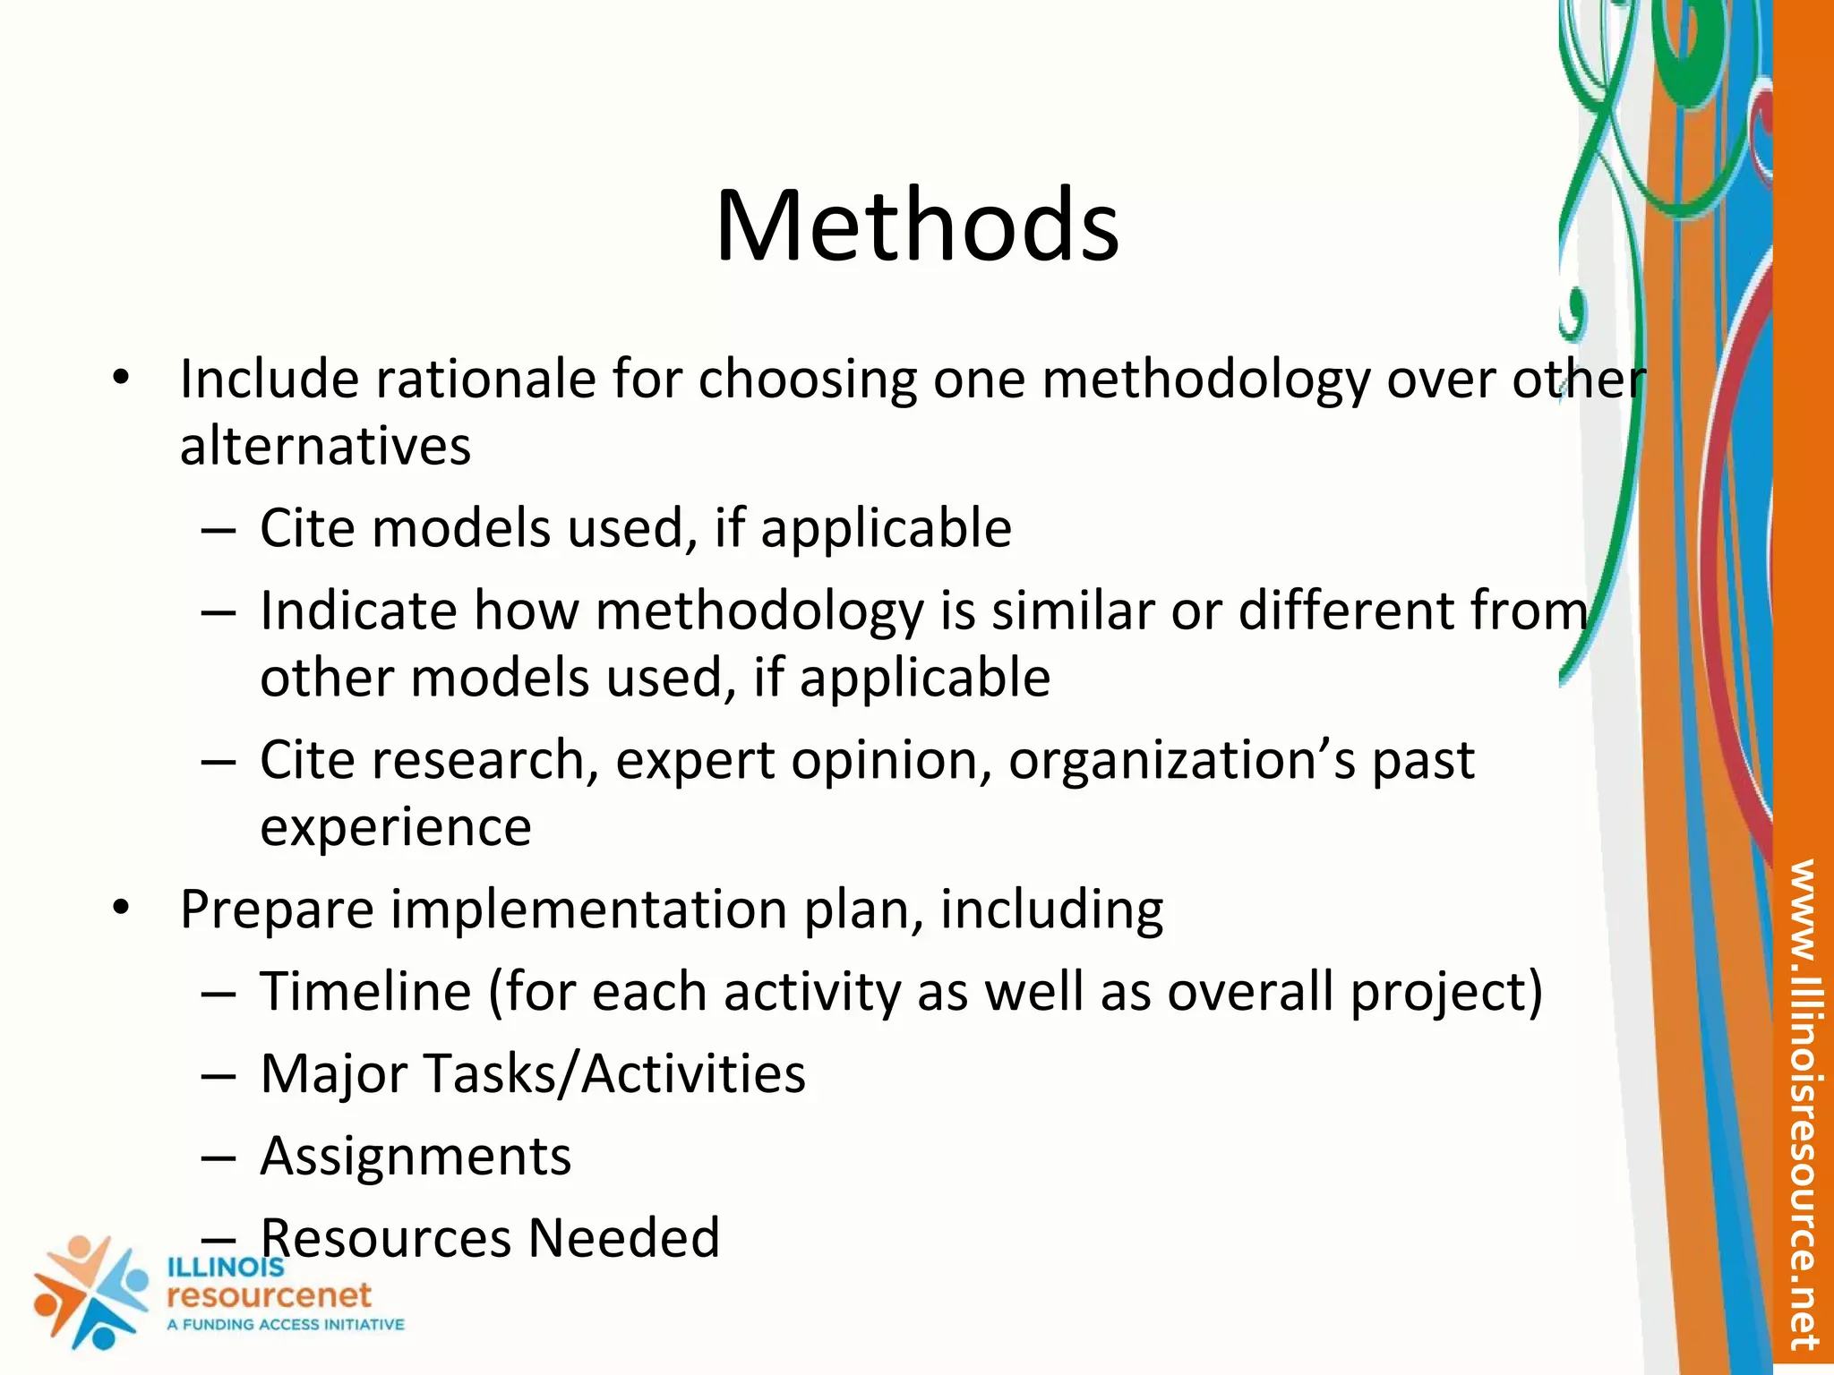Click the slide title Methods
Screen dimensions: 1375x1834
point(917,226)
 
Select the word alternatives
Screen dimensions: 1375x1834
point(325,446)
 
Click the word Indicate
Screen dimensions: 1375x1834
point(358,611)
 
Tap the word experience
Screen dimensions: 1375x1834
point(395,827)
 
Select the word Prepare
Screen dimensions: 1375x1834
point(277,910)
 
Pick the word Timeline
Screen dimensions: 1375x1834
point(365,992)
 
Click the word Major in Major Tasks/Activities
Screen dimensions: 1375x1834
point(335,1074)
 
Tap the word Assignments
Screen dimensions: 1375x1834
point(416,1157)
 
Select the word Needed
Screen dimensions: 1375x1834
point(623,1239)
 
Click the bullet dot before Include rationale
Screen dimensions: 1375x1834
point(122,380)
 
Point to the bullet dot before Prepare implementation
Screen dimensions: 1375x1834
point(122,910)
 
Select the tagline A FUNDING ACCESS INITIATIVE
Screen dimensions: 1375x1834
point(286,1325)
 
